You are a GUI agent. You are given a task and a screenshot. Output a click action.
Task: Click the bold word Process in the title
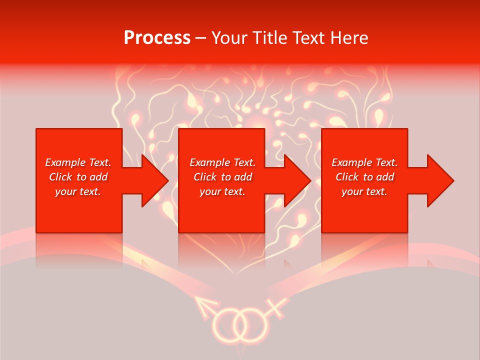pyautogui.click(x=157, y=38)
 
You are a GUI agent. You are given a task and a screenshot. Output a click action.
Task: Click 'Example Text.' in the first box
pyautogui.click(x=78, y=162)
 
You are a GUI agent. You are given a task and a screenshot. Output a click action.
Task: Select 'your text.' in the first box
pyautogui.click(x=78, y=191)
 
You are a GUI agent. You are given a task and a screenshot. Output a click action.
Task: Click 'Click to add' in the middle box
pyautogui.click(x=222, y=177)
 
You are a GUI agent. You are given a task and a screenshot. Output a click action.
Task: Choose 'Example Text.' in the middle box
pyautogui.click(x=222, y=162)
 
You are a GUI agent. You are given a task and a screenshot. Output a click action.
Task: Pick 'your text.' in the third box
pyautogui.click(x=364, y=191)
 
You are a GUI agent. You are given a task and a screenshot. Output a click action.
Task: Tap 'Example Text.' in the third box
pyautogui.click(x=364, y=162)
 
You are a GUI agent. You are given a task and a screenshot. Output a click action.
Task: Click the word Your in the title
pyautogui.click(x=229, y=38)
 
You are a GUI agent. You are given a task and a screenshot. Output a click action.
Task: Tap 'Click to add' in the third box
pyautogui.click(x=364, y=177)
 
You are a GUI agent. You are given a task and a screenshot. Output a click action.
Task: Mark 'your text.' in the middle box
pyautogui.click(x=222, y=191)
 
